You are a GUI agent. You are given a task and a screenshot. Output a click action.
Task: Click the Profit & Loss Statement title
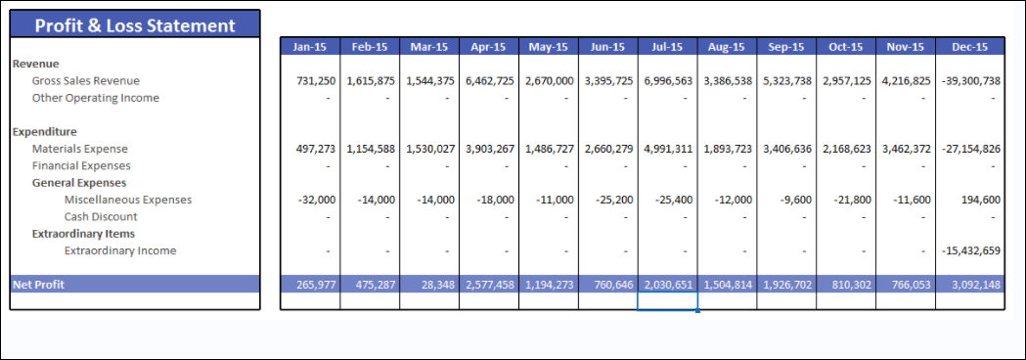coord(135,25)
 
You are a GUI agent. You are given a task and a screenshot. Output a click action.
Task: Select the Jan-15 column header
coord(311,46)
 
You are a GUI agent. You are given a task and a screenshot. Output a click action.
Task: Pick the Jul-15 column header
coord(669,46)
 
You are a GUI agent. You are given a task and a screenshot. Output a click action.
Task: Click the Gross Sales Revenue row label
coord(86,81)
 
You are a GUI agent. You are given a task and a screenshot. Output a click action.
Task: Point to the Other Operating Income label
coord(96,98)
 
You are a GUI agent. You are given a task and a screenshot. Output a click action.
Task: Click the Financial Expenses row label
coord(81,165)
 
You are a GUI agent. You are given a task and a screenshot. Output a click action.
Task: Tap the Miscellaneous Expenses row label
coord(128,200)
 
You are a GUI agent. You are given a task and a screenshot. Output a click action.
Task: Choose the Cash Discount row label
coord(101,216)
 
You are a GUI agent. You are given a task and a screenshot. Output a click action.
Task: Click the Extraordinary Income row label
coord(120,250)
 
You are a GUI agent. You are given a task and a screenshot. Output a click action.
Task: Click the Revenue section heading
coord(36,64)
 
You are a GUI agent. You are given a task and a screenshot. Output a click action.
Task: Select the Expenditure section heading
coord(45,131)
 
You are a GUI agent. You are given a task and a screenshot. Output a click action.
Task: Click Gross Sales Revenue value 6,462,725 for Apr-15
coord(489,81)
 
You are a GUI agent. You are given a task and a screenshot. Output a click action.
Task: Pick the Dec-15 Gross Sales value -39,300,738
coord(969,81)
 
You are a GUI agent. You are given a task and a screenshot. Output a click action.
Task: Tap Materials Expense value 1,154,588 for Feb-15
coord(371,149)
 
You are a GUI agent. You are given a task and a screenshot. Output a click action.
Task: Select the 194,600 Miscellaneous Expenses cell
coord(978,200)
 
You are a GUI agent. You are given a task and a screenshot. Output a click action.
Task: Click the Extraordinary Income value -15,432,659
coord(970,250)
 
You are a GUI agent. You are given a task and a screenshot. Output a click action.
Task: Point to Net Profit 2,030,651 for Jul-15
coord(669,284)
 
